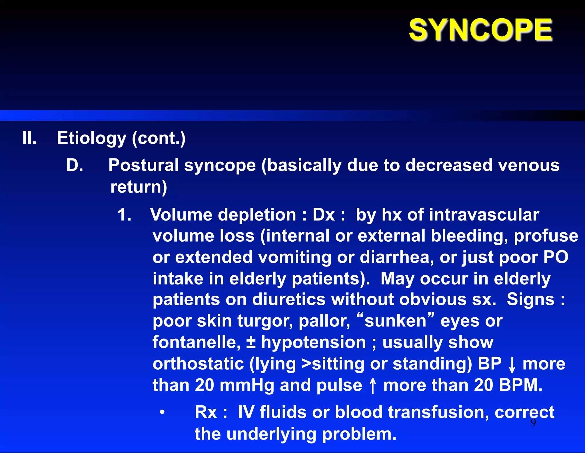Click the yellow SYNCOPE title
pos(481,30)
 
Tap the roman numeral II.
pos(29,138)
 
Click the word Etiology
pos(91,139)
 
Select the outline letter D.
pos(75,165)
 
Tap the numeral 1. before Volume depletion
pos(124,215)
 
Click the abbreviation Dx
pos(323,215)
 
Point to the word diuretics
pos(289,299)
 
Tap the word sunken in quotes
pos(395,321)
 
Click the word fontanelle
pos(197,342)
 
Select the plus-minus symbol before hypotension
pos(251,342)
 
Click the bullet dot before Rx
pos(162,412)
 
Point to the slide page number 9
pos(533,422)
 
